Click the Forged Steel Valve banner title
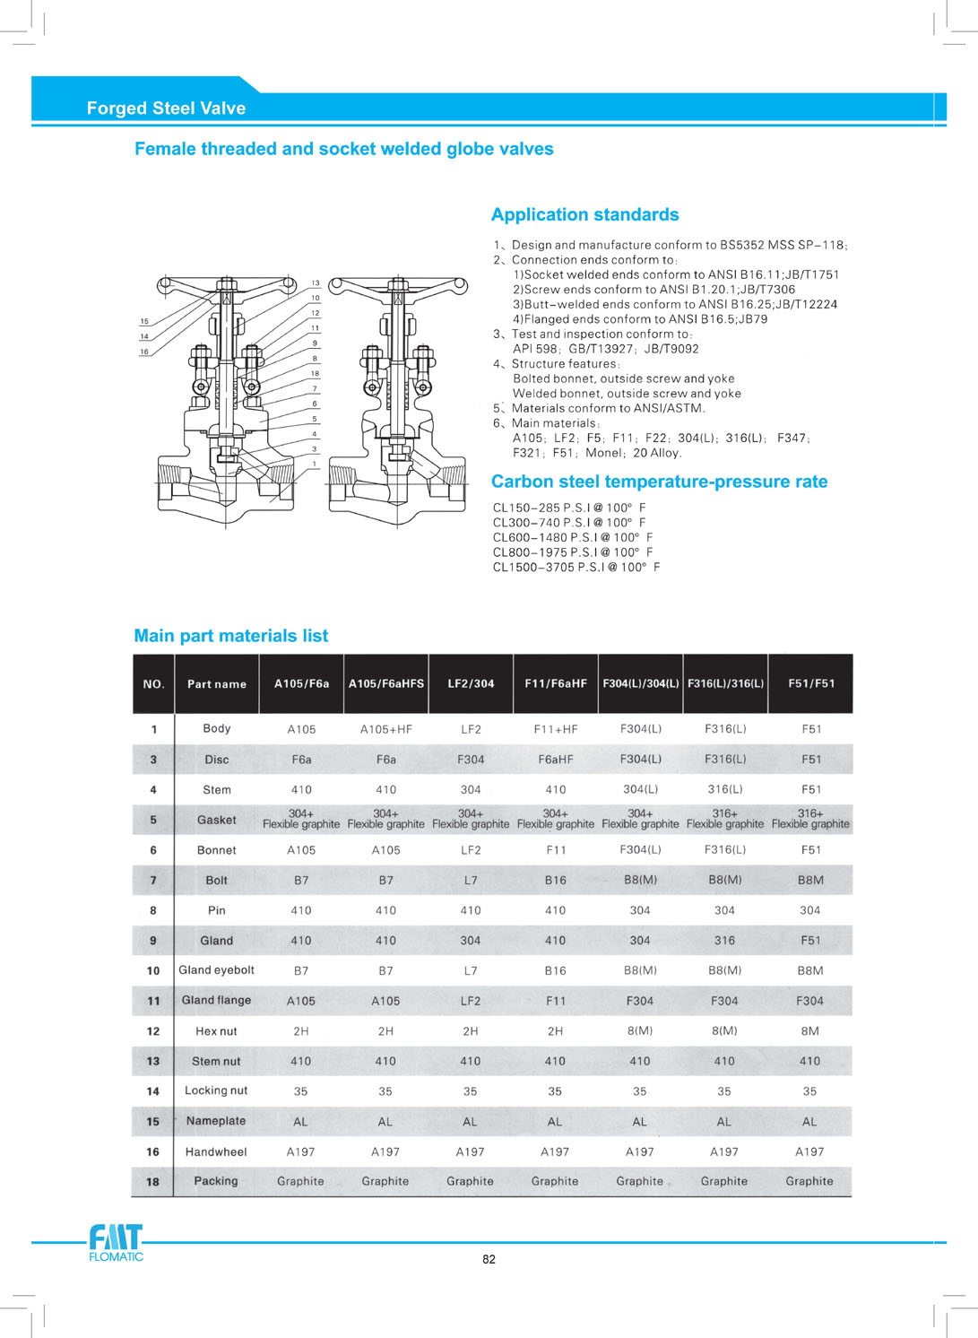[x=166, y=109]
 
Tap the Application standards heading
[x=584, y=215]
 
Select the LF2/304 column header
[x=471, y=683]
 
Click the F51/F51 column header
[x=811, y=683]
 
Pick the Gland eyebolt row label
[x=216, y=970]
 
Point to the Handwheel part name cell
[x=216, y=1151]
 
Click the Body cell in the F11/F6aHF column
[x=555, y=729]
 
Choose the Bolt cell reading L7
[x=471, y=881]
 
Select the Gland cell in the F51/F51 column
[x=810, y=941]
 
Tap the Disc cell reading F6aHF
[x=555, y=760]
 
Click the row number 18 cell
[x=153, y=1182]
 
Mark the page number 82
[x=489, y=1259]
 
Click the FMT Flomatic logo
[x=116, y=1243]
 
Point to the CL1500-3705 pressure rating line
[x=576, y=567]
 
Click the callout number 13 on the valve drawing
[x=316, y=283]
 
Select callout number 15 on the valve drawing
[x=144, y=321]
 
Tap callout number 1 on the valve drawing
[x=315, y=464]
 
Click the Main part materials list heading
[x=230, y=636]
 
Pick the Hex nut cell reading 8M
[x=810, y=1031]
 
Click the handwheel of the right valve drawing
[x=398, y=286]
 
